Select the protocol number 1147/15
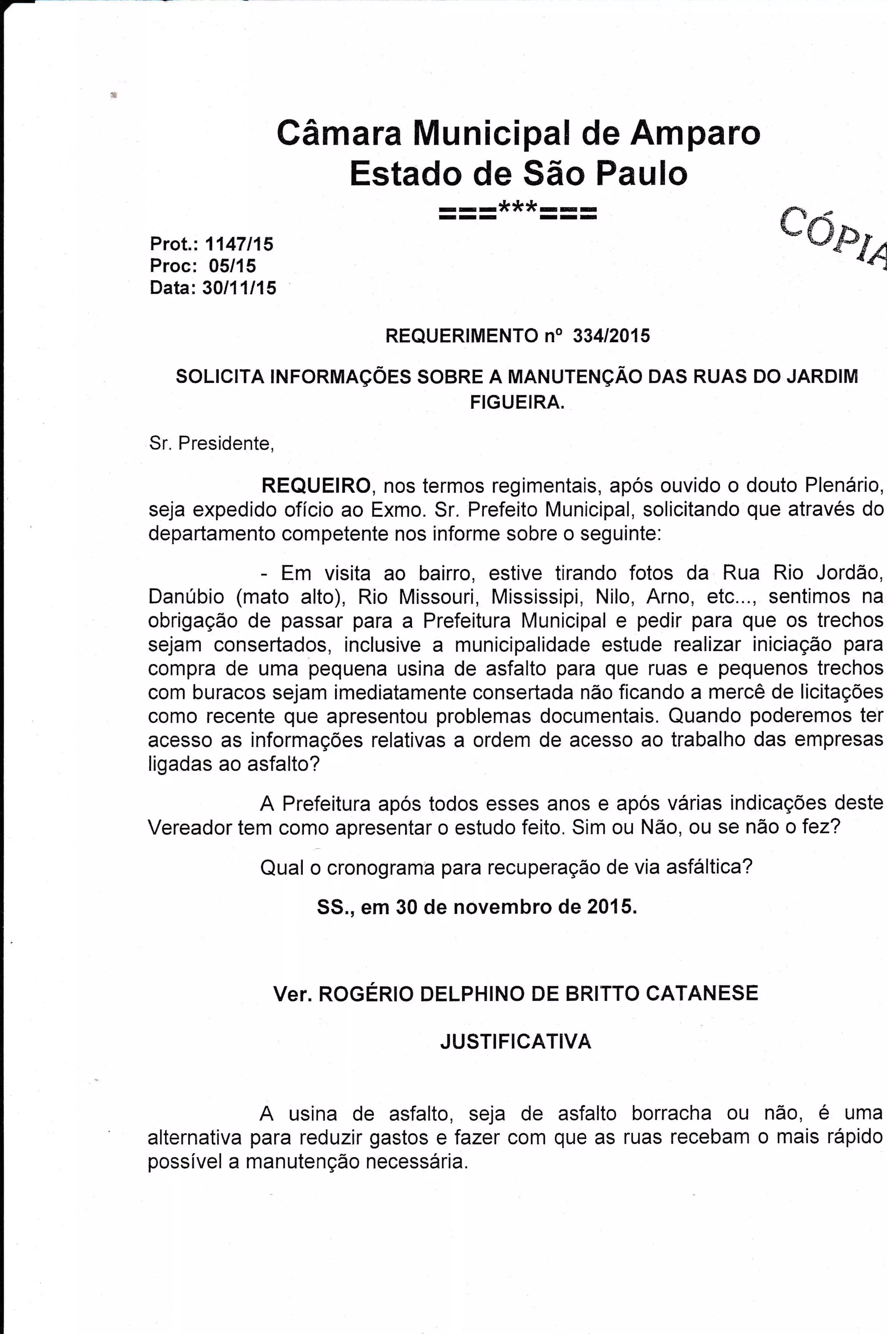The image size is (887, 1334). [239, 244]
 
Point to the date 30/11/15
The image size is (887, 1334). [239, 288]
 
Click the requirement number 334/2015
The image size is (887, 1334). [612, 336]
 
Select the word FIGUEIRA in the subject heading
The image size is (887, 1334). [518, 402]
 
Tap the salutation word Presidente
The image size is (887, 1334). [226, 444]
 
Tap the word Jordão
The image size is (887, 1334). [849, 573]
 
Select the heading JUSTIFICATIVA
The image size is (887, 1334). [516, 1042]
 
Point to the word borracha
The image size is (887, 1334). [671, 1114]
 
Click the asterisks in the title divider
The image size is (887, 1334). [518, 211]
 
